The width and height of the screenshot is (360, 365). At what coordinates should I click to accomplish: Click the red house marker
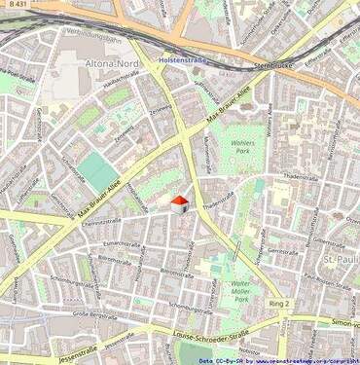178,203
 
